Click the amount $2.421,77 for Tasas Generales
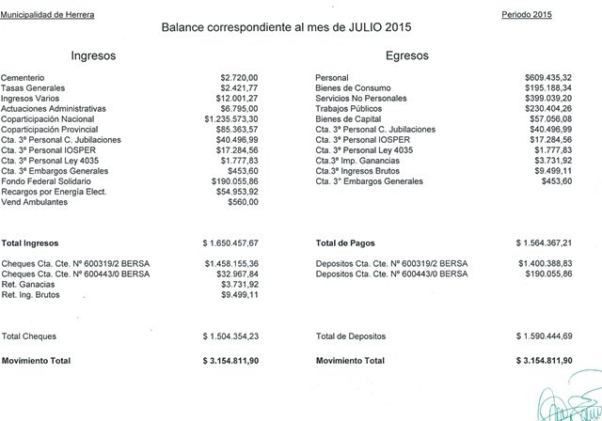pyautogui.click(x=238, y=88)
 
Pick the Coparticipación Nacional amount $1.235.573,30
pyautogui.click(x=230, y=119)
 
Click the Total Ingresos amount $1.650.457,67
pyautogui.click(x=230, y=242)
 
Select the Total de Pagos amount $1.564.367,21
pyautogui.click(x=544, y=242)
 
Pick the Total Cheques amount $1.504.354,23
pyautogui.click(x=230, y=335)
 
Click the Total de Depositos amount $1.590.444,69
pyautogui.click(x=544, y=335)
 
